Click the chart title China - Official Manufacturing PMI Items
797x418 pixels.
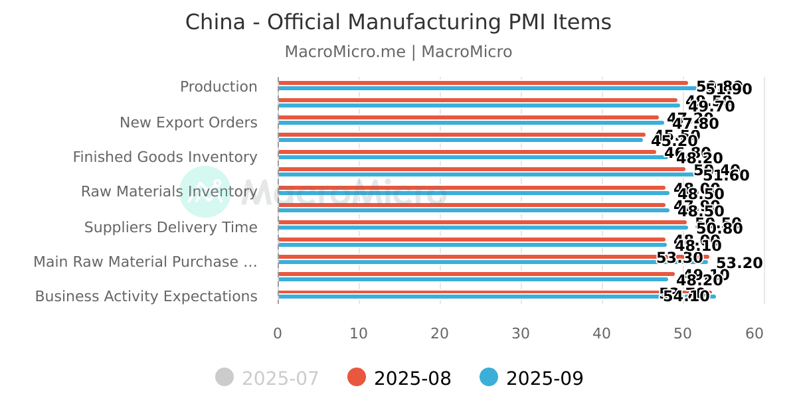(398, 23)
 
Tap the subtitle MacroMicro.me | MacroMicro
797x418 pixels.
(398, 52)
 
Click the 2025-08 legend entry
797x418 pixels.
(400, 378)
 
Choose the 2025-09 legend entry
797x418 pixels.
(532, 378)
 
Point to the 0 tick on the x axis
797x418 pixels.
(278, 333)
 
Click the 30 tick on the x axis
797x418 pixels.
(521, 333)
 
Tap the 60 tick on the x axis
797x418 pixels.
(754, 333)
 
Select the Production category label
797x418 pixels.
(219, 87)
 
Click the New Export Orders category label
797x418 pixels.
(188, 123)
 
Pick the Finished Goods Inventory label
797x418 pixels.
(165, 157)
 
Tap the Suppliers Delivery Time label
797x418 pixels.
(171, 228)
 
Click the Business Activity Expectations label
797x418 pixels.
(146, 297)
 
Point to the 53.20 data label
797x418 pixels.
(739, 263)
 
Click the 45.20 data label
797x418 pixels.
(674, 141)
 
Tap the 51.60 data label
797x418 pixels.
(726, 176)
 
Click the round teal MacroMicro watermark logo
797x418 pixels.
(205, 192)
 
